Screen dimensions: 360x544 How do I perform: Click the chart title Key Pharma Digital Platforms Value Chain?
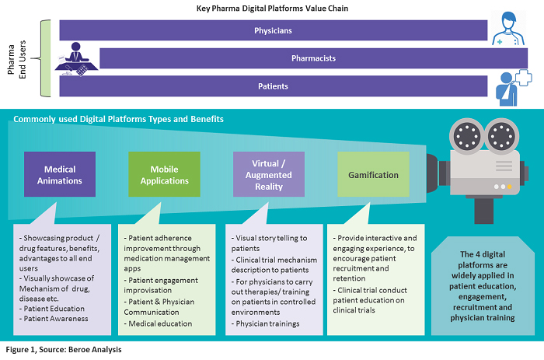coord(271,9)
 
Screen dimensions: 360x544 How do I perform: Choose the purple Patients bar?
coord(272,86)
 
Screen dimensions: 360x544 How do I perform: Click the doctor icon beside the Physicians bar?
coord(508,29)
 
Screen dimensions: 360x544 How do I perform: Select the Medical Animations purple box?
coord(60,174)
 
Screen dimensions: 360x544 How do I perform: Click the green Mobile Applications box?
coord(164,174)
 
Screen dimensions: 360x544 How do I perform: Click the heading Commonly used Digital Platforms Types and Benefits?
coord(118,120)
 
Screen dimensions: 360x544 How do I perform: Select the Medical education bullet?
coord(159,323)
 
